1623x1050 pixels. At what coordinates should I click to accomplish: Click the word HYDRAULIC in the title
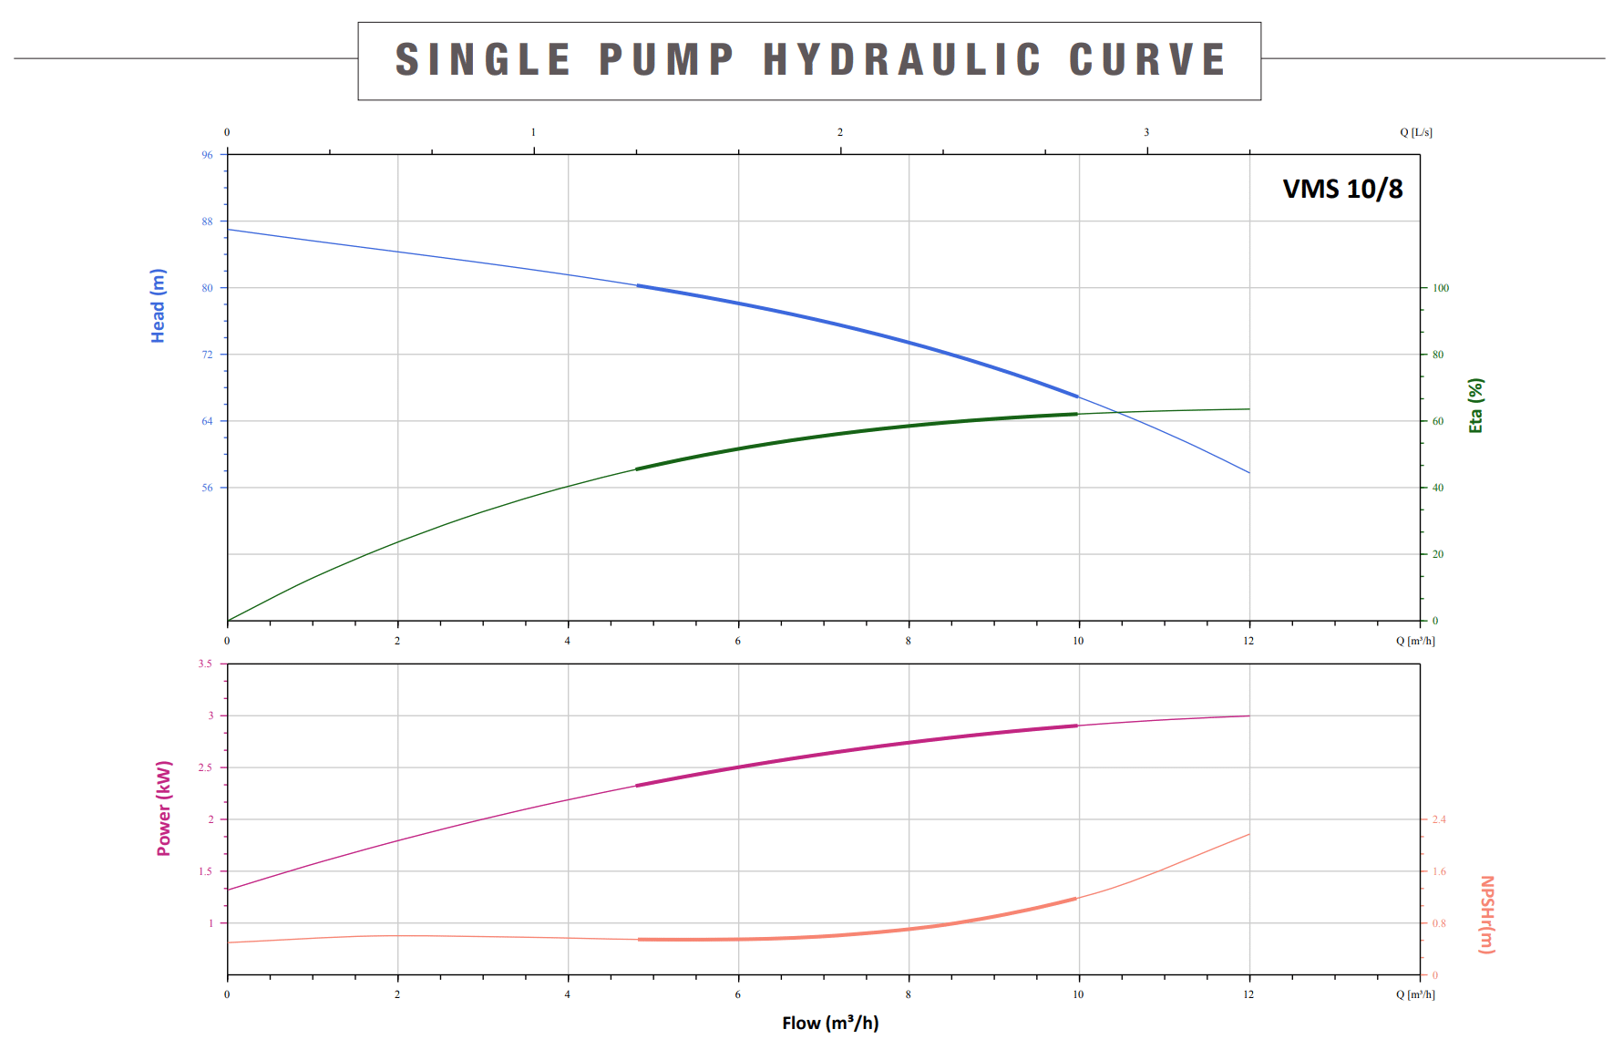[x=902, y=60]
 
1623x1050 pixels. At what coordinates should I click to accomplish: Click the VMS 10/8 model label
[x=1342, y=189]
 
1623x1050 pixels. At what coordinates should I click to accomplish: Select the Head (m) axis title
[x=159, y=305]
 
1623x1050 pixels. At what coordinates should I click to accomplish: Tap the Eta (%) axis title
[x=1475, y=405]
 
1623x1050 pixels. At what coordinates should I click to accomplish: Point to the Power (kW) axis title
[x=164, y=808]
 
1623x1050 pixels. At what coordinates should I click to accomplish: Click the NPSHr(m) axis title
[x=1486, y=914]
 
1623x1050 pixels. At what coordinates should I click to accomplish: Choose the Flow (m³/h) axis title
[x=830, y=1023]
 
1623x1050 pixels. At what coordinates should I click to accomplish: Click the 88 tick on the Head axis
[x=207, y=221]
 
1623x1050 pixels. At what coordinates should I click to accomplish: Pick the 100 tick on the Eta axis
[x=1441, y=288]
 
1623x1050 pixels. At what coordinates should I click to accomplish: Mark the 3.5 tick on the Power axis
[x=205, y=664]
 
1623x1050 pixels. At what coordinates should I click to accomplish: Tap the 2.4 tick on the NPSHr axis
[x=1439, y=819]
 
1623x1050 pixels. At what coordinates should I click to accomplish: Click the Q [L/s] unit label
[x=1415, y=132]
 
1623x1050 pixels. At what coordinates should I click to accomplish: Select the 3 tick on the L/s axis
[x=1146, y=132]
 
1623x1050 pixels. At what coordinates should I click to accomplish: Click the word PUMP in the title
[x=666, y=60]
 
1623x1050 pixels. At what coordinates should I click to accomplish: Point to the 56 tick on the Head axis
[x=207, y=488]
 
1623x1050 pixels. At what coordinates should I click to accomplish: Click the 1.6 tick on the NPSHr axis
[x=1439, y=871]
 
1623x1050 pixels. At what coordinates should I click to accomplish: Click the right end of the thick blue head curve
[x=1078, y=396]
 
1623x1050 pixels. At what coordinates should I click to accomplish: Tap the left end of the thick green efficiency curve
[x=637, y=469]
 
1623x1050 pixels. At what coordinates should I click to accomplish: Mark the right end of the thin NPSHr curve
[x=1249, y=834]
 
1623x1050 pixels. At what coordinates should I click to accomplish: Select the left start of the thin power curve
[x=228, y=890]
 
